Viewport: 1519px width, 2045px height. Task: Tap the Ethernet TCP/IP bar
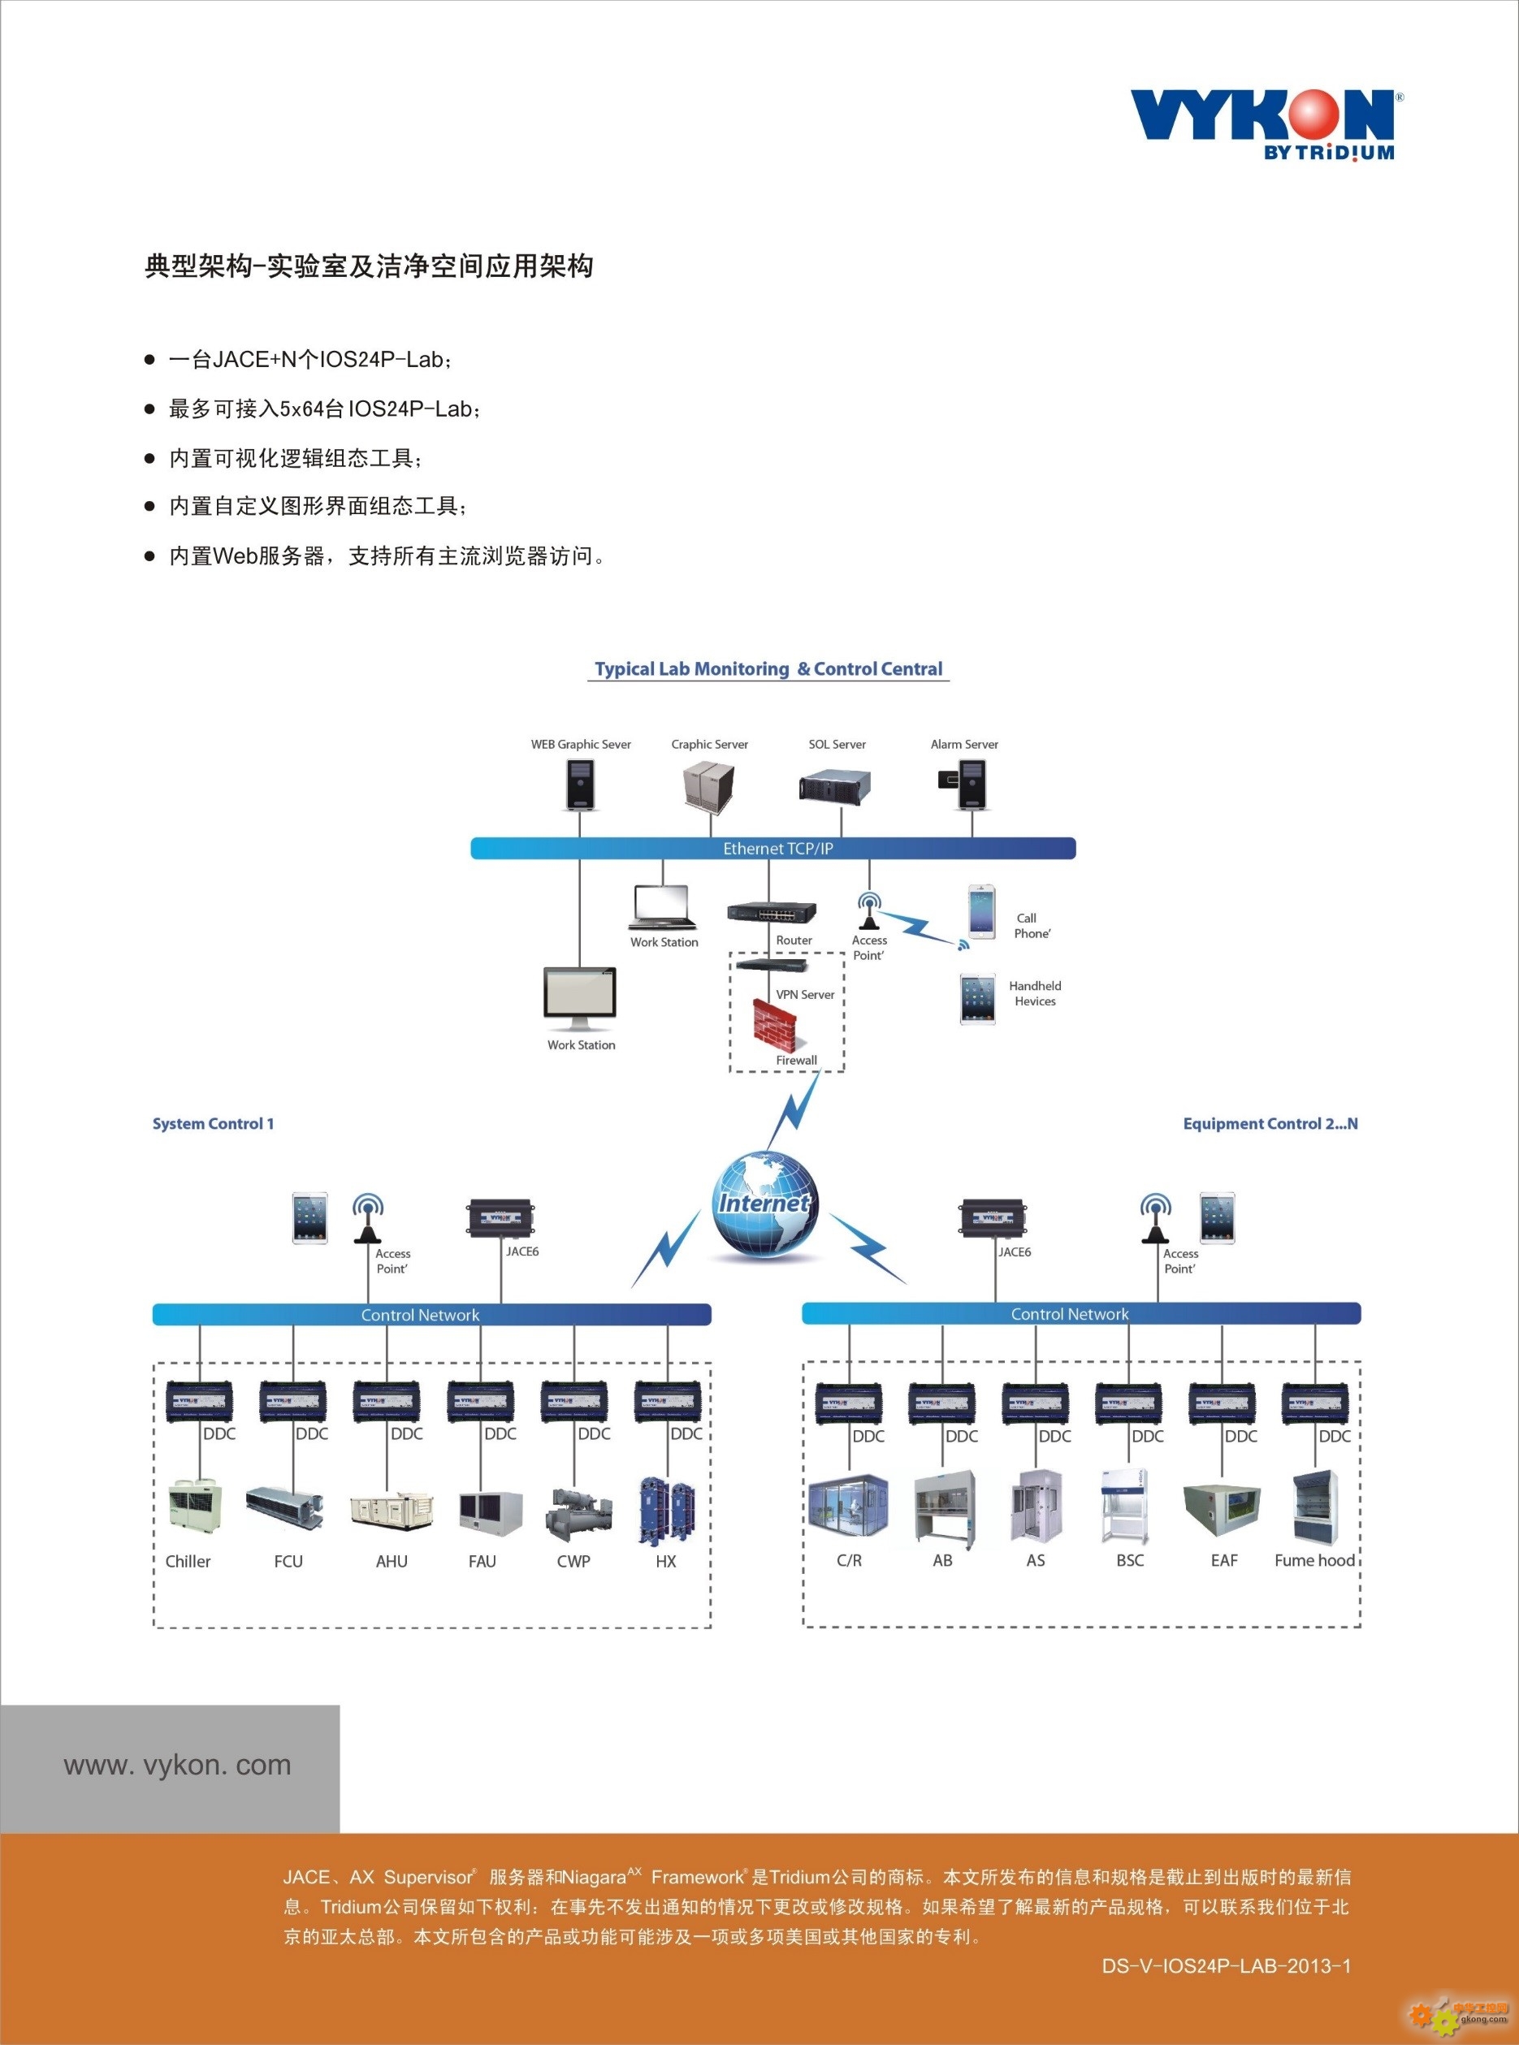pos(773,849)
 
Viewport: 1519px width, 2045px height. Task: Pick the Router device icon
pos(771,912)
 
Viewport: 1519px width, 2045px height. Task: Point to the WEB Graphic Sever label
pos(581,745)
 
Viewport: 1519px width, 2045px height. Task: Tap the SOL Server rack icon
pos(834,788)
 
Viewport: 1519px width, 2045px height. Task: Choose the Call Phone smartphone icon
pos(981,912)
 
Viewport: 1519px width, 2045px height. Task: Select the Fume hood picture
pos(1316,1507)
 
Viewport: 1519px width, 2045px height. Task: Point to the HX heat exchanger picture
pos(667,1510)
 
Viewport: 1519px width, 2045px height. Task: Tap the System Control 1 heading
pos(214,1124)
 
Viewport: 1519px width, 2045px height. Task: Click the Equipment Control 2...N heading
pos(1270,1124)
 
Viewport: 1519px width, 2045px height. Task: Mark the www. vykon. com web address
pos(177,1765)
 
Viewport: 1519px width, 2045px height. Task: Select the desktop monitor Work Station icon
pos(580,998)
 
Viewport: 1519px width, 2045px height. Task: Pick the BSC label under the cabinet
pos(1130,1561)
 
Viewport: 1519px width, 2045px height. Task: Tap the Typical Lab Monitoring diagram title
pos(768,669)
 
